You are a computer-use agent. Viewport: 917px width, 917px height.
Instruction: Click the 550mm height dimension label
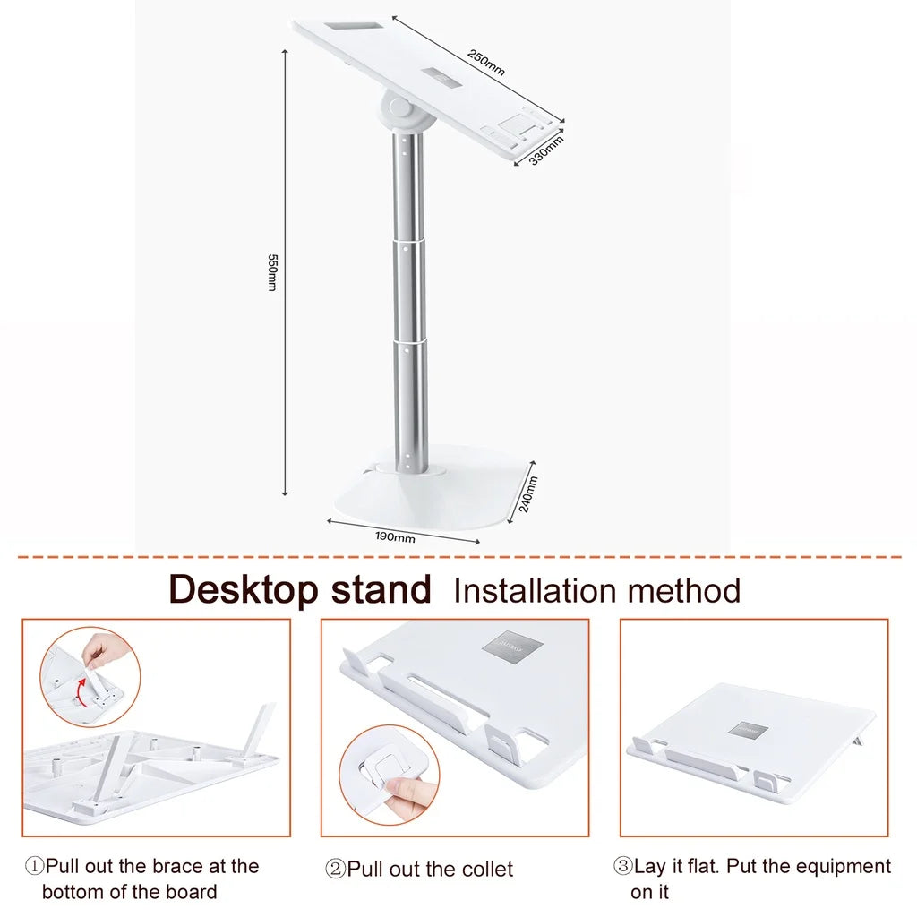[273, 272]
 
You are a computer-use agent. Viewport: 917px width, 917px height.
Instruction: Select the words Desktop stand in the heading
[300, 590]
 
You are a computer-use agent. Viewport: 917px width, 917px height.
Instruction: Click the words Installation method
[597, 591]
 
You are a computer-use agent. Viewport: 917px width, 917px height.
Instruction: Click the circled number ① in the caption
[34, 867]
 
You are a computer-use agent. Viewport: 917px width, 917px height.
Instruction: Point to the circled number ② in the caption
[335, 870]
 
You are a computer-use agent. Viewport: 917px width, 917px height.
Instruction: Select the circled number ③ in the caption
[622, 867]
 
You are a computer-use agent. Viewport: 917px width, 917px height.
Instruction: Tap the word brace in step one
[176, 867]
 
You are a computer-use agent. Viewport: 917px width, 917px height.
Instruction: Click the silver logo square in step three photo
[749, 731]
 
